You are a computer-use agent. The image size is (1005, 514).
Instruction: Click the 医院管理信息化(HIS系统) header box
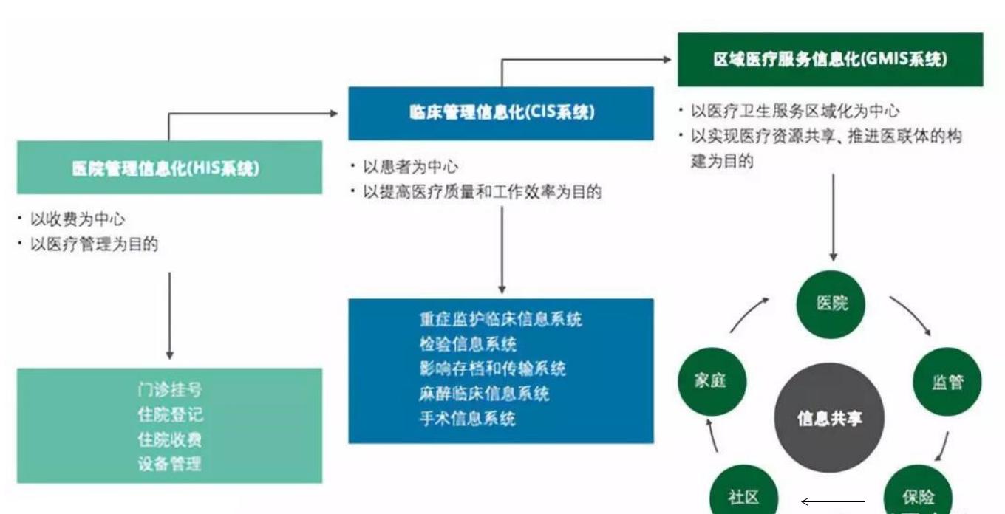[x=169, y=168]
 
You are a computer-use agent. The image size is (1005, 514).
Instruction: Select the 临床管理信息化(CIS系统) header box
[x=500, y=113]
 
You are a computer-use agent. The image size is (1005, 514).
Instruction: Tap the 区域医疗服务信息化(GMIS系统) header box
[x=830, y=60]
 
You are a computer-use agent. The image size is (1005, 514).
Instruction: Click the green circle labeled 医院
[x=833, y=303]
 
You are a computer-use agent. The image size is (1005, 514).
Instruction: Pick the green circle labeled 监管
[x=947, y=381]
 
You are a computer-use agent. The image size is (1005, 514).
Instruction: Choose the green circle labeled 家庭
[x=712, y=380]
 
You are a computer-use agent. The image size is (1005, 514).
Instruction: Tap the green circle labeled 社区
[x=743, y=494]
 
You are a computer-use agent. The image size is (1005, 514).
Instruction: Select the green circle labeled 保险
[x=918, y=494]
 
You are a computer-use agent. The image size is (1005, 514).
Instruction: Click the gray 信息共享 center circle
[x=829, y=418]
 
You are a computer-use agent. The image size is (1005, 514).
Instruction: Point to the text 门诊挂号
[x=169, y=389]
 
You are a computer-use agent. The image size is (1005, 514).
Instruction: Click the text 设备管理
[x=169, y=464]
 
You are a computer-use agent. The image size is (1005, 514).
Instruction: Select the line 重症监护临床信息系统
[x=500, y=319]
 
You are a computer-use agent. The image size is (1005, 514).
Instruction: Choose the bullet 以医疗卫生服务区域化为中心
[x=794, y=112]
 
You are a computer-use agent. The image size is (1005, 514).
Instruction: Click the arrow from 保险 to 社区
[x=833, y=502]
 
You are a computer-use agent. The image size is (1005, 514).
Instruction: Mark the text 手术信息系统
[x=467, y=419]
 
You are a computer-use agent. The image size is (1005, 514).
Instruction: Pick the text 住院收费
[x=169, y=439]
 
